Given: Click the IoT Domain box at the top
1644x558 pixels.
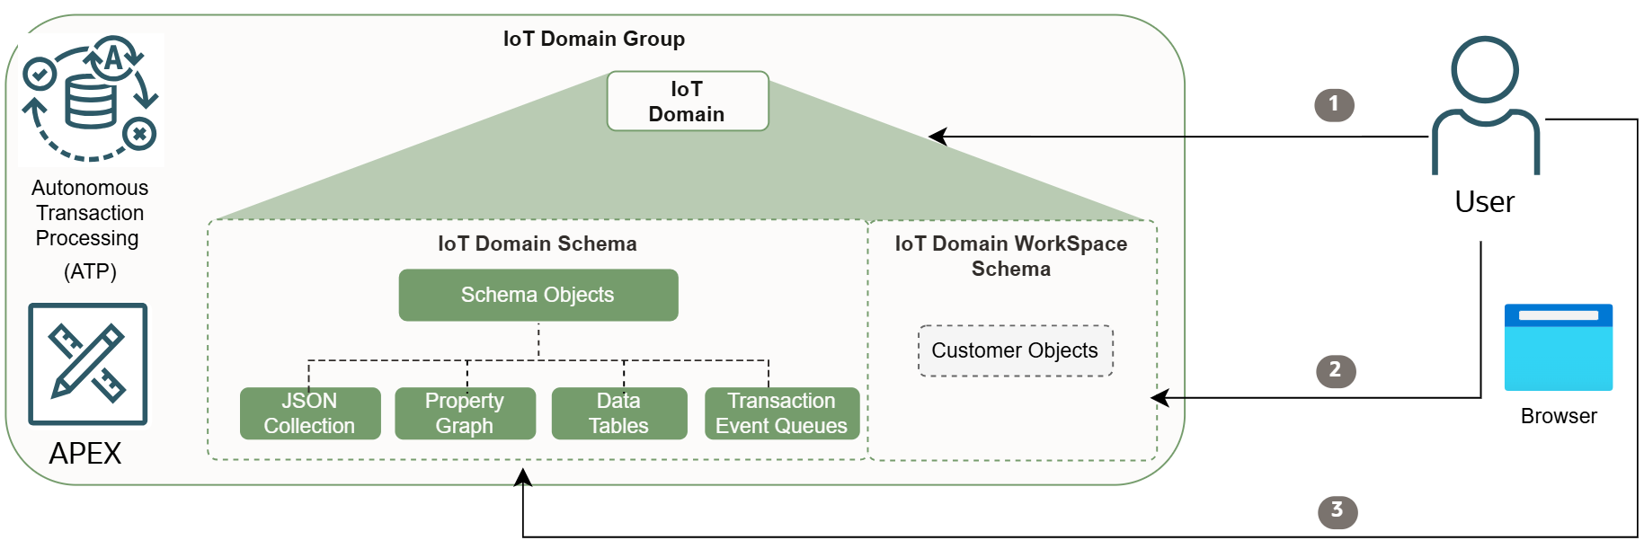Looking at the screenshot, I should [x=688, y=101].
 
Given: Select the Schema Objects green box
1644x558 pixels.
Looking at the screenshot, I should [x=538, y=295].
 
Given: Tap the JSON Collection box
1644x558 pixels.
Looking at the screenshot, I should [x=309, y=413].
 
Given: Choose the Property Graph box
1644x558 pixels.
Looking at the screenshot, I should [x=465, y=413].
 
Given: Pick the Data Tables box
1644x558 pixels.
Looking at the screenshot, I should [x=618, y=413].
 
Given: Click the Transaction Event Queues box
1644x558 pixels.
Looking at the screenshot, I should [x=781, y=413].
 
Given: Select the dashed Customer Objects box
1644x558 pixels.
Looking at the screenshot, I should [x=1015, y=350].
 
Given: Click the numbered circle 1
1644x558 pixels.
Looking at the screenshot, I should [x=1334, y=104].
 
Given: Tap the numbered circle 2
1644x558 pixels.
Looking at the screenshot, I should [x=1335, y=370].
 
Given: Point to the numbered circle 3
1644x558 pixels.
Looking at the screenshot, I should [x=1337, y=511].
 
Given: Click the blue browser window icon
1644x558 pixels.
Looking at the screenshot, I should [x=1558, y=348].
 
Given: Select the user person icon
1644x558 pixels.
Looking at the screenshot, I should [x=1485, y=105].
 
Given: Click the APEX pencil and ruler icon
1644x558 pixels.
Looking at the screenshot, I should [x=87, y=364].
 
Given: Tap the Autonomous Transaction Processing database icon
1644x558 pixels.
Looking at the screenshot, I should [x=90, y=99].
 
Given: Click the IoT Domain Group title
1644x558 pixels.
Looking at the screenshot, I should [x=593, y=39].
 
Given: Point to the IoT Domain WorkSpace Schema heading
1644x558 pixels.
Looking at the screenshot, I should [x=1010, y=256].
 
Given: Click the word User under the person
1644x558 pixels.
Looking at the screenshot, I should [x=1484, y=202].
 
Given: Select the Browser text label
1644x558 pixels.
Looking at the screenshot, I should [x=1558, y=416].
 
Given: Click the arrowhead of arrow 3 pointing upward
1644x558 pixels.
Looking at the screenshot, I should [x=523, y=477].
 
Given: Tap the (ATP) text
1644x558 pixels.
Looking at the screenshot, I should [x=90, y=271].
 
